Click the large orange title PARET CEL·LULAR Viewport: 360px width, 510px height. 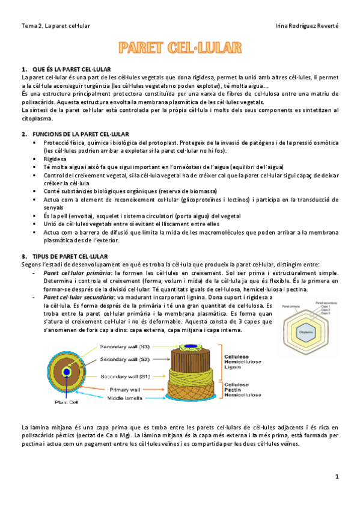[x=180, y=48]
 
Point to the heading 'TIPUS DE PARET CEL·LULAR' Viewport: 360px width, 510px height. [x=73, y=256]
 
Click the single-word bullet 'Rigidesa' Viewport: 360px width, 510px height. [x=55, y=158]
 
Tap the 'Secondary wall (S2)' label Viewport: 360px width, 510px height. [x=127, y=359]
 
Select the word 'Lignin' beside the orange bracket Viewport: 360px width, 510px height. [x=234, y=367]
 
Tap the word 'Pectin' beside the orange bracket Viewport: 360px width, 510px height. [x=234, y=389]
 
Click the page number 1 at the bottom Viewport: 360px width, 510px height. [x=337, y=476]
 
